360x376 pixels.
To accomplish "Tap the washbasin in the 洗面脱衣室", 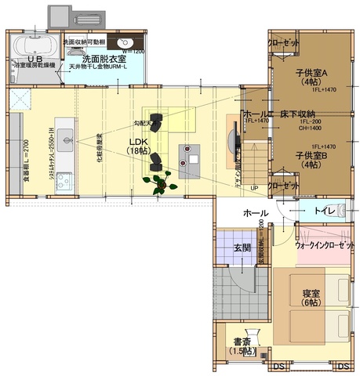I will click(x=124, y=43).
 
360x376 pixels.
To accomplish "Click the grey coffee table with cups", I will click(x=191, y=159).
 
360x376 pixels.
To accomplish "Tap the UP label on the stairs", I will click(x=254, y=188).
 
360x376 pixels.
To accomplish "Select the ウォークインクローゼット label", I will click(x=322, y=245).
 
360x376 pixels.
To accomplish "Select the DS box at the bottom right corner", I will click(x=342, y=366).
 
